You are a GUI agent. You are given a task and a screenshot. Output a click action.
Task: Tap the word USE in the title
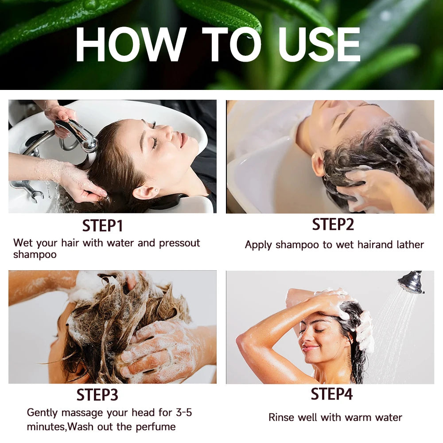coord(319,44)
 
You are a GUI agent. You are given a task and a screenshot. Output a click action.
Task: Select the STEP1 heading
coord(102,226)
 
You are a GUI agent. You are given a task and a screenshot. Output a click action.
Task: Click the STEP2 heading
coord(333,225)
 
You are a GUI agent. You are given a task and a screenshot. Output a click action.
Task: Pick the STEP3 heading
coord(97,395)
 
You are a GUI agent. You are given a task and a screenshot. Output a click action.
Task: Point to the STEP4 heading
coord(332,394)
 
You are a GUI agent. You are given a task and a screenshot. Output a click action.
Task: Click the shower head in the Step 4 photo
coord(411,282)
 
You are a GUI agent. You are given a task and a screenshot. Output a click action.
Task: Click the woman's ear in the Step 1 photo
coord(141,191)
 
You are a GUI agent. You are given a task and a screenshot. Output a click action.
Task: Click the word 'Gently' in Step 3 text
coord(43,413)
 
